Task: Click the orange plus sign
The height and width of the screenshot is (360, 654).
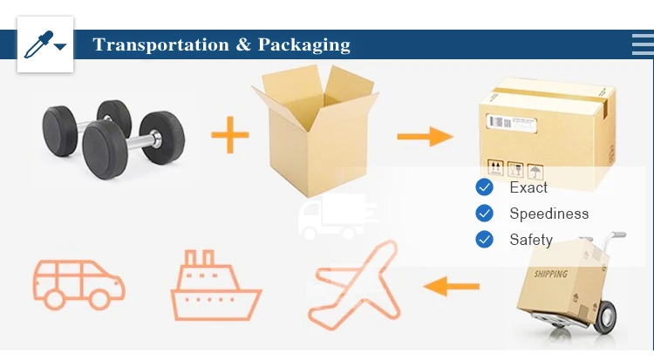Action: (x=230, y=135)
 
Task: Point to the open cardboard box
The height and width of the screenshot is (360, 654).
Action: (x=315, y=126)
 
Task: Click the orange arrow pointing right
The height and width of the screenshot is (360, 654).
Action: (x=425, y=136)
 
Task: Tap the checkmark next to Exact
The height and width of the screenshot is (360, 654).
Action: (x=484, y=187)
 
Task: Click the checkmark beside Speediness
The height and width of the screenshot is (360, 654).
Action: (x=484, y=214)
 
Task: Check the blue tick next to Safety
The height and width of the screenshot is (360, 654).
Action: (x=484, y=239)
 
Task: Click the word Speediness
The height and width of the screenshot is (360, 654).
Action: (x=549, y=214)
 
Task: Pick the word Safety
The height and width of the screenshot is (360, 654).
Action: (x=531, y=239)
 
